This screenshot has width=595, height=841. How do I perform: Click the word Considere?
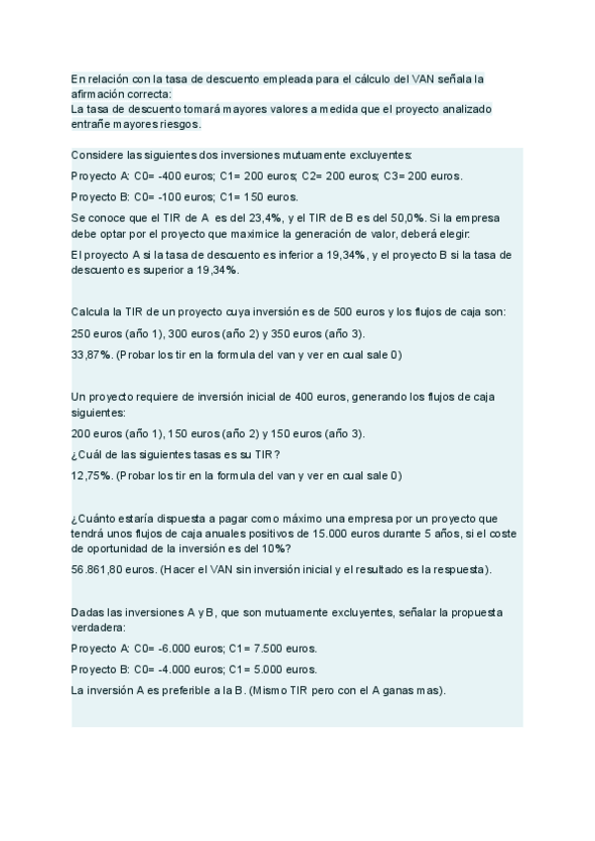(96, 156)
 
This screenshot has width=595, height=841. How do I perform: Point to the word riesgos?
(178, 125)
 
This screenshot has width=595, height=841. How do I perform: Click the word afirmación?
(100, 93)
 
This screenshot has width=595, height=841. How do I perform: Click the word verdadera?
(99, 628)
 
